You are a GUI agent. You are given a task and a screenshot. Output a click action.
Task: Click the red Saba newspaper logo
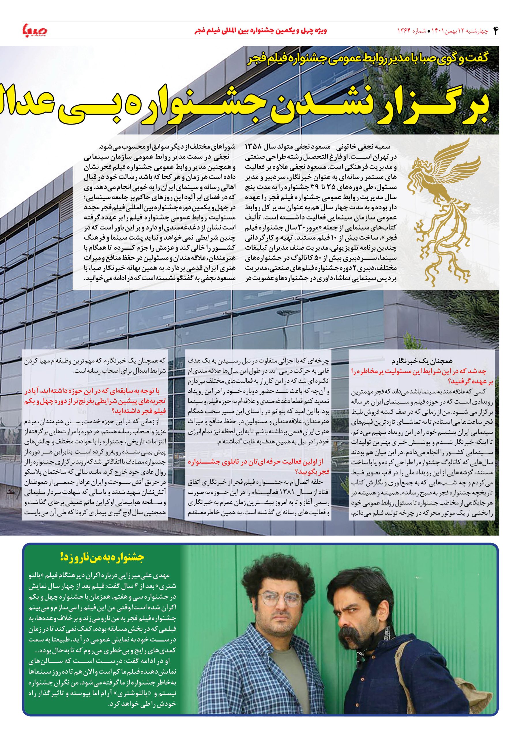tap(35, 31)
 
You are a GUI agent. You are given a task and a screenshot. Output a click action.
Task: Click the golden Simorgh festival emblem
tap(440, 212)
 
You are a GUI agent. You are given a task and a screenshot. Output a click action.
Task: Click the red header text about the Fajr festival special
tap(261, 31)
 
